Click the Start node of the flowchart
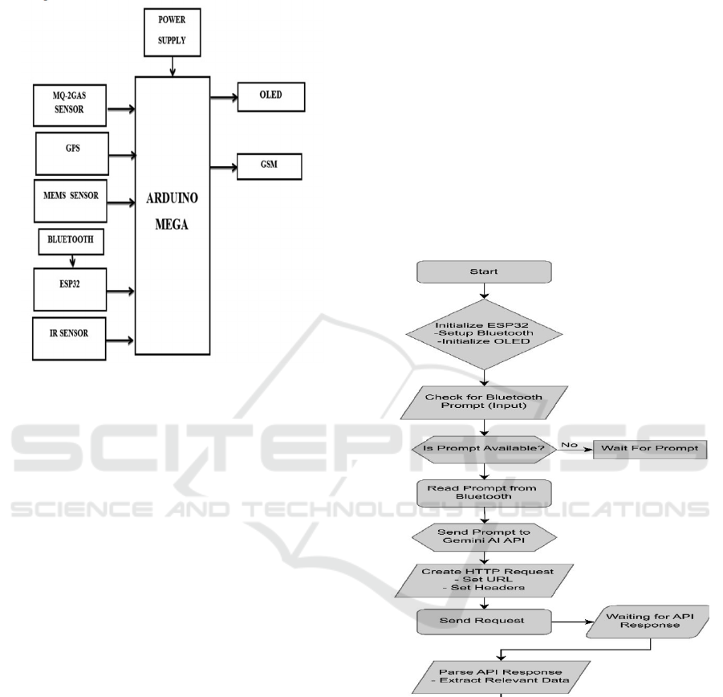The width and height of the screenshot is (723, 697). [x=484, y=272]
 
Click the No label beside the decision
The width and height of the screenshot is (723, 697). [x=569, y=442]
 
